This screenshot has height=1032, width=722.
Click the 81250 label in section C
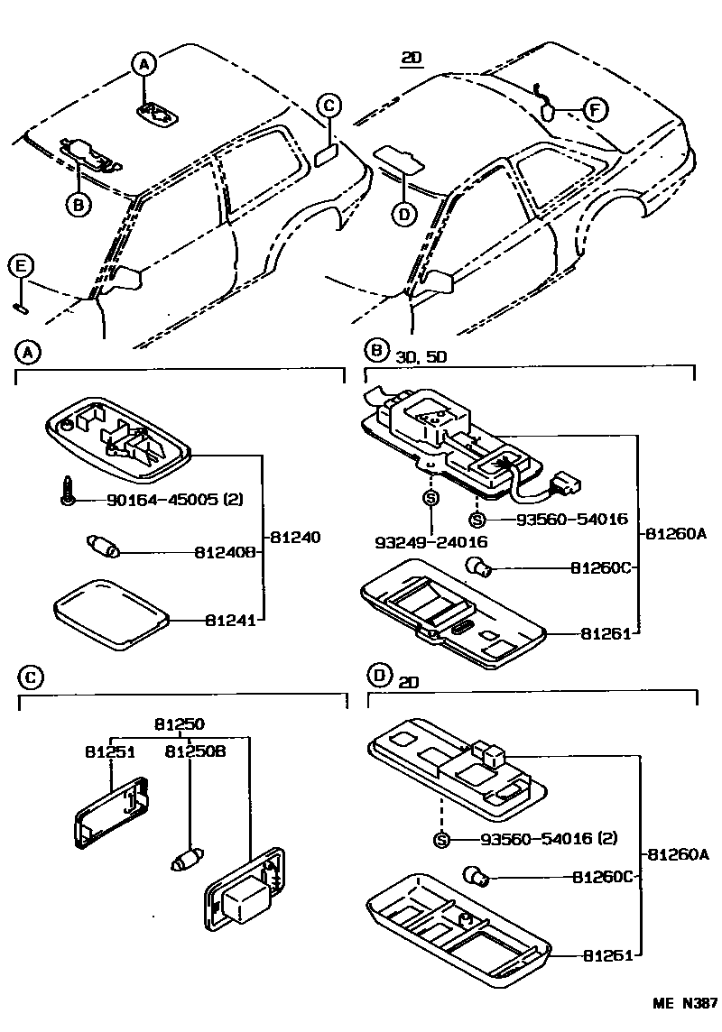[x=179, y=723]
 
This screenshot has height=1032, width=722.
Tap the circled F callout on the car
[x=594, y=109]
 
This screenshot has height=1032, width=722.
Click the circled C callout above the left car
[x=329, y=106]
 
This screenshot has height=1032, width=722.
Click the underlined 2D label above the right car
[x=412, y=60]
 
